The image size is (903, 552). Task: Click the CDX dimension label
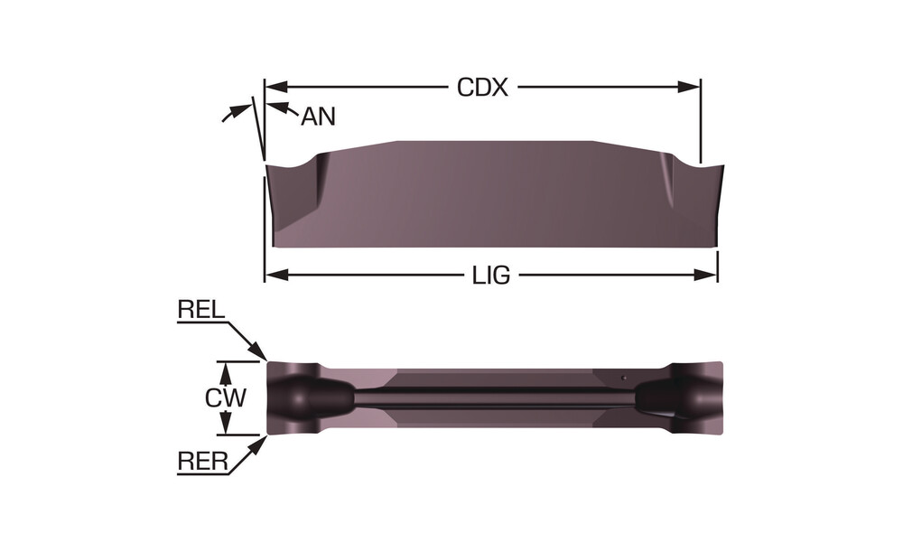coord(482,88)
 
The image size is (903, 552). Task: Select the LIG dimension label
coord(491,276)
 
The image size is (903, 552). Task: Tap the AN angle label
coord(318,117)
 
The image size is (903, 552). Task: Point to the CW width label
coord(226,398)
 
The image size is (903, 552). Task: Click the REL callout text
coord(201,310)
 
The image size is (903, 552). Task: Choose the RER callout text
coord(202,462)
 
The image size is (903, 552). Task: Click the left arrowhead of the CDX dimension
coord(276,87)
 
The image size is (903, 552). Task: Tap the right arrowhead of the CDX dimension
coord(689,87)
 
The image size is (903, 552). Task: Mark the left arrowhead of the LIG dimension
coord(276,276)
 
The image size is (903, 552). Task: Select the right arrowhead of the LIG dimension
coord(706,276)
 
